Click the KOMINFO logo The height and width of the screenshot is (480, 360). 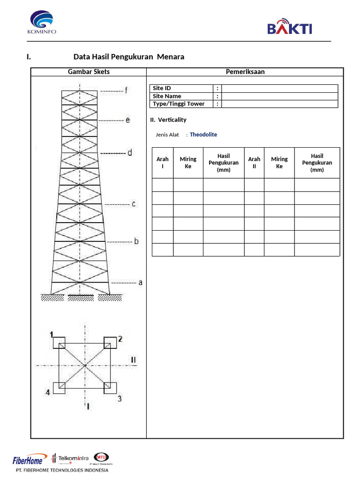point(42,22)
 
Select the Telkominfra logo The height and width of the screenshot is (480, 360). point(70,458)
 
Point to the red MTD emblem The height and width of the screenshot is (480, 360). point(101,456)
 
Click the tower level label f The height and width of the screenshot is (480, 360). point(126,90)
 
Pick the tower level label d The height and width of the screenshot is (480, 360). point(130,153)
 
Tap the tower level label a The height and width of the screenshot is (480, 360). point(140,283)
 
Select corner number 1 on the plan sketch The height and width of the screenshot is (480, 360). point(52,334)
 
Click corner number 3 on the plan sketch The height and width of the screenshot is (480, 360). point(120,398)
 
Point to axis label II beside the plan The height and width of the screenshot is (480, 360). point(134,360)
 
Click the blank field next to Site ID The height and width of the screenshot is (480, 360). point(279,89)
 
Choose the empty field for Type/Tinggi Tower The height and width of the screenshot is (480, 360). point(279,104)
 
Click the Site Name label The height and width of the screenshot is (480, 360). point(167,96)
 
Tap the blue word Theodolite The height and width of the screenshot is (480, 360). point(203,135)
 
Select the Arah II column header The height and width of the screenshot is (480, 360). point(254,163)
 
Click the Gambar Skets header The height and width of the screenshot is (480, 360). point(89,72)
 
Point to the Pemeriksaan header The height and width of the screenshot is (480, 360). point(245,72)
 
